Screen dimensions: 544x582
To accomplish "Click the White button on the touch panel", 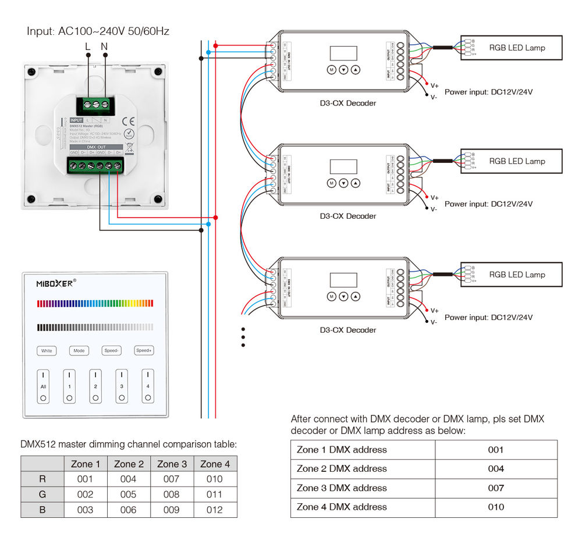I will [x=47, y=351].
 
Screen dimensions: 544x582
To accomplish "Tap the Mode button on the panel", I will [x=79, y=351].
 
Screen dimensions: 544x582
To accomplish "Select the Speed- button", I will [x=111, y=351].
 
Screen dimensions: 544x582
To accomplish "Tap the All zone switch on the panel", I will [x=43, y=386].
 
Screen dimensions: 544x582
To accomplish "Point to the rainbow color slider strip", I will [x=95, y=303].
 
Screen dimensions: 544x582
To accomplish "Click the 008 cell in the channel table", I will [x=172, y=495].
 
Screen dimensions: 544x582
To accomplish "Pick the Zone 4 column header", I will [x=215, y=464].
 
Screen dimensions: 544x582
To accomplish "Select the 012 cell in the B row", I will [x=215, y=510].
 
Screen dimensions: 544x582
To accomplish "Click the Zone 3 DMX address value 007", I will [x=496, y=488].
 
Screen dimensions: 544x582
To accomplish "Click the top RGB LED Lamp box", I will [x=512, y=48].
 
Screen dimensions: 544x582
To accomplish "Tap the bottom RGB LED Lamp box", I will [x=512, y=275].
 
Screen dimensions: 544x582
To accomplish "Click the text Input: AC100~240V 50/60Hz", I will [x=98, y=31].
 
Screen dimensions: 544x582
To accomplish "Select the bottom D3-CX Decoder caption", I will [x=348, y=330].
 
